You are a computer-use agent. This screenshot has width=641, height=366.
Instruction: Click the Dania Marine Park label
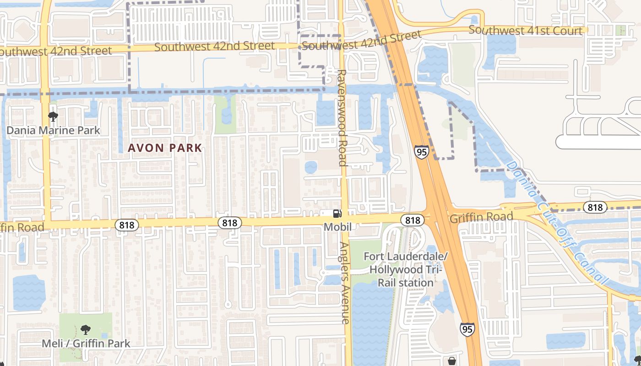click(x=53, y=130)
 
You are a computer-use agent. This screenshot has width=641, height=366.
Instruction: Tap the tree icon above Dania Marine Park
click(x=53, y=117)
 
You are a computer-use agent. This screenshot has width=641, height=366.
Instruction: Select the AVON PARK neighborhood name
click(x=165, y=148)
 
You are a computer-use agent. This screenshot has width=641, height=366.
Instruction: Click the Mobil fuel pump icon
click(x=337, y=213)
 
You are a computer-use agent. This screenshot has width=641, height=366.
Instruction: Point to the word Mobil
click(x=337, y=227)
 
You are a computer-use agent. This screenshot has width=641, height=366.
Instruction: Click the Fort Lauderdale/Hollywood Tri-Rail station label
click(x=405, y=269)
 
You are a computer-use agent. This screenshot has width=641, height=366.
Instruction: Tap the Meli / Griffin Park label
click(x=86, y=343)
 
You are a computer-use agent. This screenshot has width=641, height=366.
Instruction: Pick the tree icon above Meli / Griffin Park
click(x=85, y=329)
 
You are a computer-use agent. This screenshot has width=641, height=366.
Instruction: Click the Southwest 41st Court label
click(x=525, y=31)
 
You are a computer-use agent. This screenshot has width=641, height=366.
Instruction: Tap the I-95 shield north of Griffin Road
click(x=422, y=151)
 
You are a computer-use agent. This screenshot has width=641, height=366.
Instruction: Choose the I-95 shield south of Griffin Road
click(x=467, y=329)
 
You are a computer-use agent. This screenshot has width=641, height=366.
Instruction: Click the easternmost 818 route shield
click(x=595, y=208)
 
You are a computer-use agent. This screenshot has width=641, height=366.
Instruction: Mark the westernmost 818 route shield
click(x=126, y=225)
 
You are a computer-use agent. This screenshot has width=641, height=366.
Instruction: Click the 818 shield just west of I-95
click(x=412, y=221)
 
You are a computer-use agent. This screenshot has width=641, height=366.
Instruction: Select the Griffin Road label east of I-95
click(x=481, y=218)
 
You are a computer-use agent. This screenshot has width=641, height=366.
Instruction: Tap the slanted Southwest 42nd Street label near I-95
click(x=361, y=41)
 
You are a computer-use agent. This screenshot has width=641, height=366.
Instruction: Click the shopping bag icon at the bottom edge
click(x=452, y=361)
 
